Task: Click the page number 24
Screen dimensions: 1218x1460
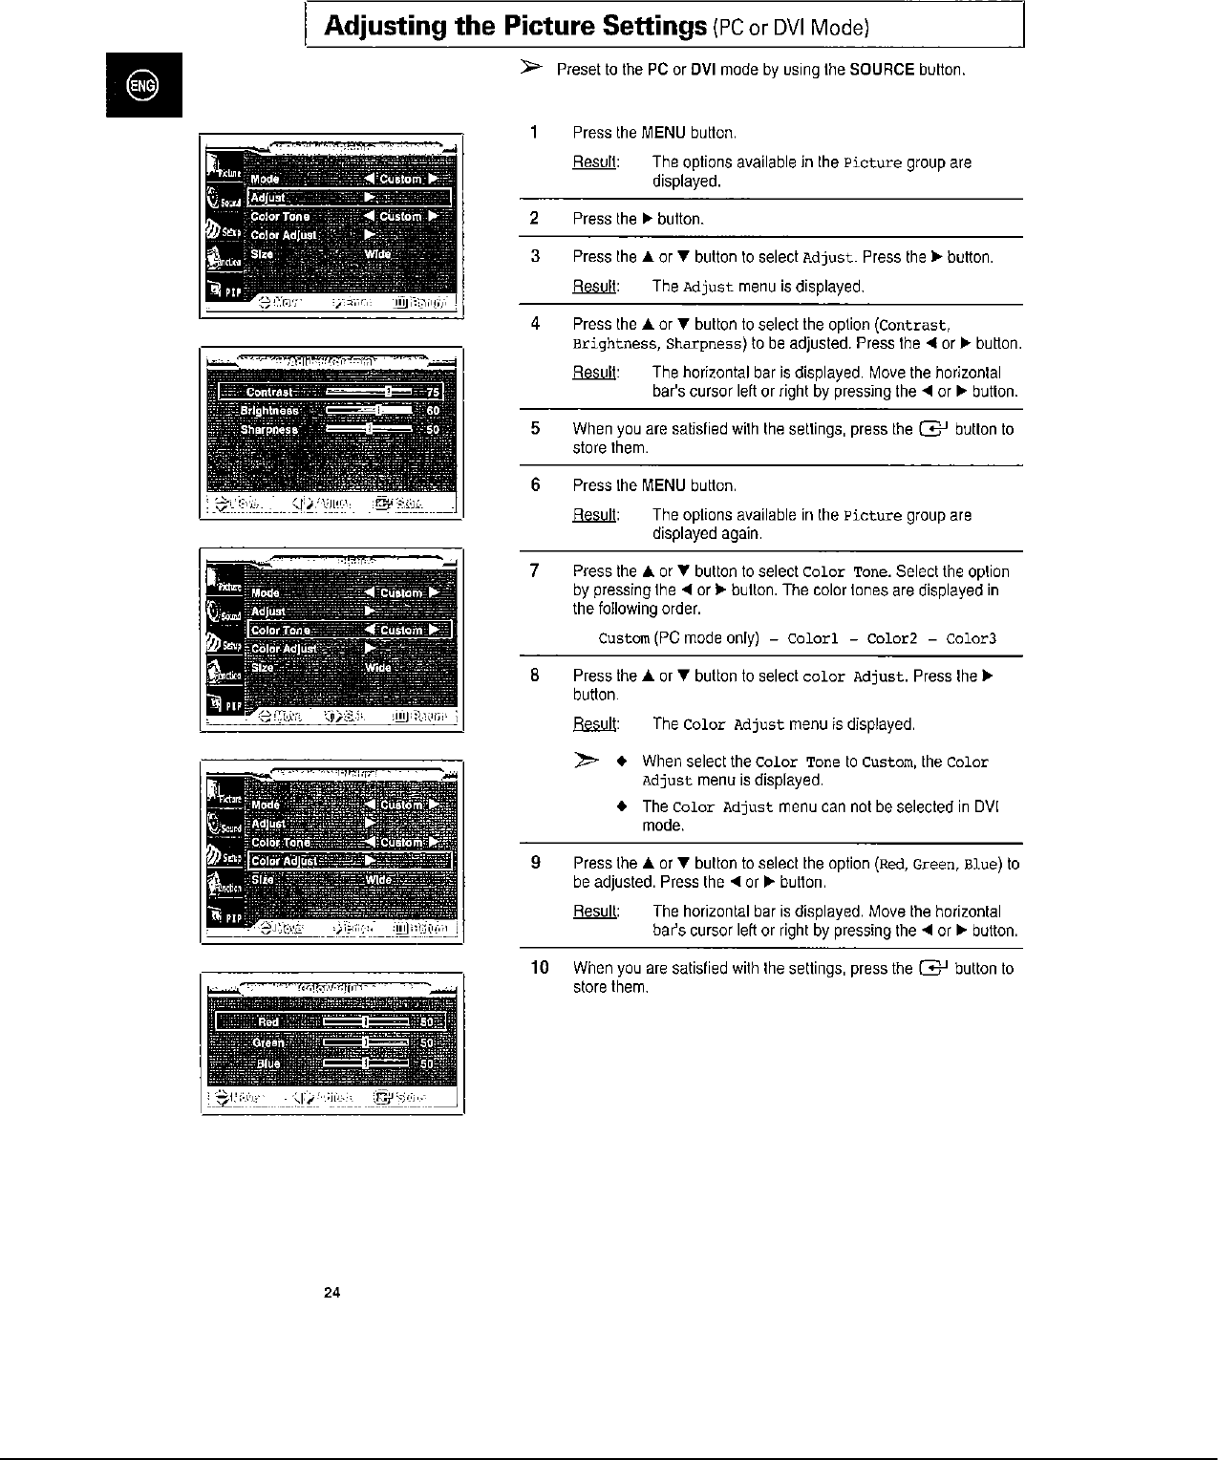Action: pyautogui.click(x=331, y=1293)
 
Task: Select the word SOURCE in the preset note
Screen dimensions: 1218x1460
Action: pyautogui.click(x=882, y=71)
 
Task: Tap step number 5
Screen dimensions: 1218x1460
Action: pyautogui.click(x=536, y=428)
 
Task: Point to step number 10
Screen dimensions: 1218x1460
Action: pyautogui.click(x=539, y=968)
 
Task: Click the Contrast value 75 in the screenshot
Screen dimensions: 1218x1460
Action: pyautogui.click(x=433, y=392)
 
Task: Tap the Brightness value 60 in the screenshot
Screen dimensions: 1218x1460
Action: pyautogui.click(x=433, y=411)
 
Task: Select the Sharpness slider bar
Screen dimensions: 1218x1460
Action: pyautogui.click(x=369, y=430)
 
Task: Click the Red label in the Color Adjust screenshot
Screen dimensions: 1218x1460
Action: pyautogui.click(x=268, y=1021)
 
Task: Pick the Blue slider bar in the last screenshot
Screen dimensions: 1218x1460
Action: pyautogui.click(x=366, y=1063)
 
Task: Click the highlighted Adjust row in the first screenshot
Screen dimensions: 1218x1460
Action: pyautogui.click(x=348, y=198)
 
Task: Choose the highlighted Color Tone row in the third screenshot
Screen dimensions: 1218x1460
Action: pyautogui.click(x=349, y=630)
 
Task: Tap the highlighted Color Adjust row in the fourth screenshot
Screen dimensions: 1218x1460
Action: pyautogui.click(x=349, y=861)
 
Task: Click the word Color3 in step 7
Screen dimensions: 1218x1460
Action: pyautogui.click(x=971, y=638)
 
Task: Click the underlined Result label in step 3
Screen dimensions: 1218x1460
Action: pyautogui.click(x=595, y=287)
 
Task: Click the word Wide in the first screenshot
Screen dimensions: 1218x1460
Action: pyautogui.click(x=377, y=254)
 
